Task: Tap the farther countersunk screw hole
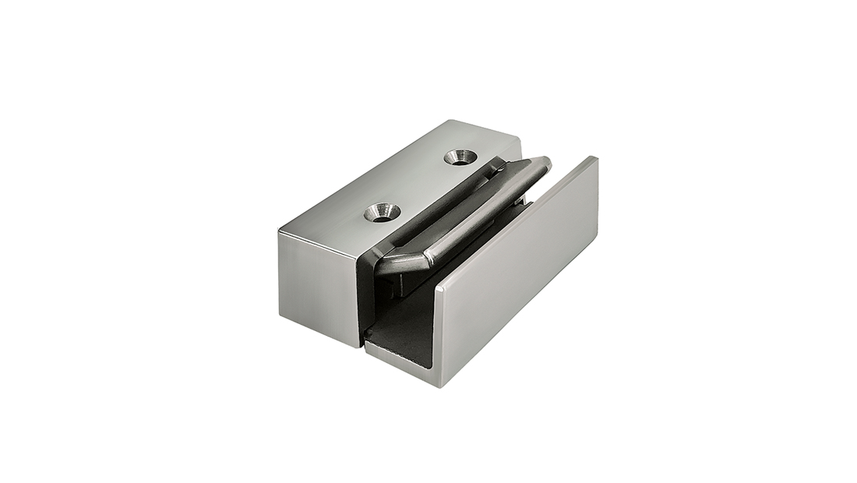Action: pos(460,157)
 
